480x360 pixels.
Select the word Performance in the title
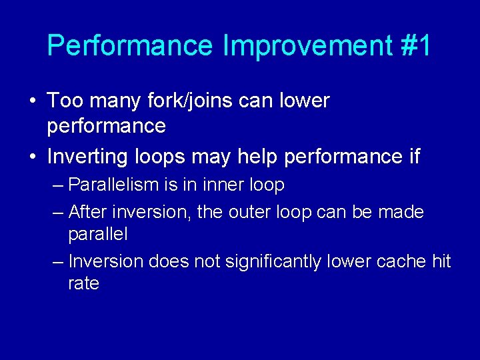[131, 46]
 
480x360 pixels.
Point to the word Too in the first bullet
[65, 101]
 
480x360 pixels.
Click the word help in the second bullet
[258, 157]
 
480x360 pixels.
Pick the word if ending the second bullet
[413, 157]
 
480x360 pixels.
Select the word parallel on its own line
[98, 235]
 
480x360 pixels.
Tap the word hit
[441, 261]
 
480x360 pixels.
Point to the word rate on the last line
[83, 283]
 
